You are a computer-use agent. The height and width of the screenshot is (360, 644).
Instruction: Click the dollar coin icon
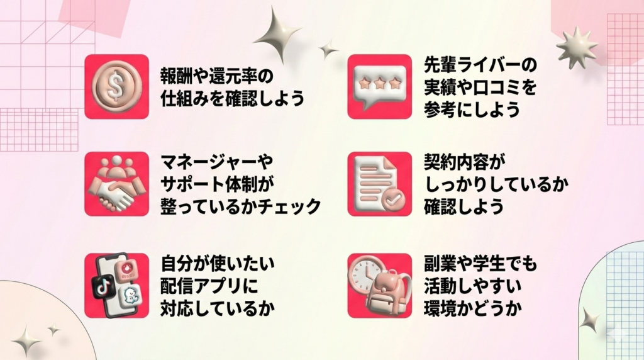click(116, 86)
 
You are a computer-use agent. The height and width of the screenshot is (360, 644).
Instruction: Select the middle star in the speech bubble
click(379, 83)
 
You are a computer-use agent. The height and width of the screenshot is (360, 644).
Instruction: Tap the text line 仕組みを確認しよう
click(231, 99)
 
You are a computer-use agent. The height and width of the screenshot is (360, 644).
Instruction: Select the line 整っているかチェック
click(241, 206)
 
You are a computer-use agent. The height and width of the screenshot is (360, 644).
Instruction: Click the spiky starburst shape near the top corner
click(575, 47)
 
